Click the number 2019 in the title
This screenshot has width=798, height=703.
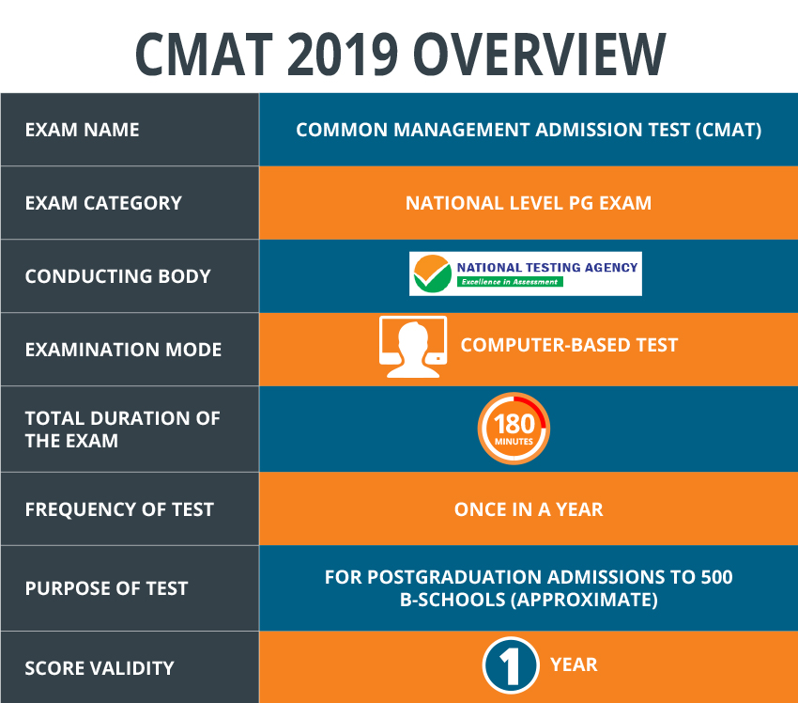point(342,54)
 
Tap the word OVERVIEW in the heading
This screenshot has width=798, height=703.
point(540,54)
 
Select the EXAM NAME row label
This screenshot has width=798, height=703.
point(82,130)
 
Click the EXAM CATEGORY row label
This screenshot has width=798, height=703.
point(103,203)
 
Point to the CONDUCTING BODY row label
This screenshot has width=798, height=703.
point(117,276)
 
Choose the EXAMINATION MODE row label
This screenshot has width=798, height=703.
point(123,350)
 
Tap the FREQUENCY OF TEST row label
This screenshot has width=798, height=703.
point(119,509)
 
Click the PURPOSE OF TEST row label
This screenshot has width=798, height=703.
point(106,588)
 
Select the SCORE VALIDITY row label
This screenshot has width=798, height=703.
point(100,668)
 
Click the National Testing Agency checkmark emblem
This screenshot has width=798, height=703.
point(432,273)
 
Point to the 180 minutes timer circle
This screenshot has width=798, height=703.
point(514,429)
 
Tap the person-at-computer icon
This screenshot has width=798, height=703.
point(413,347)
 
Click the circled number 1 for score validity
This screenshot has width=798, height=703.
point(511,665)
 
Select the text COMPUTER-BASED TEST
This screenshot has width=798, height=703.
point(569,345)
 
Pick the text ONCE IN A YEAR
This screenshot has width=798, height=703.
point(529,509)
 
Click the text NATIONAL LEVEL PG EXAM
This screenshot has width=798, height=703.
point(529,203)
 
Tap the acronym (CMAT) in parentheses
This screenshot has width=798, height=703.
point(729,130)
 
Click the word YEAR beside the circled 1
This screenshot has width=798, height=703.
point(574,664)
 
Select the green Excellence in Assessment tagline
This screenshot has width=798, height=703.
point(510,282)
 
